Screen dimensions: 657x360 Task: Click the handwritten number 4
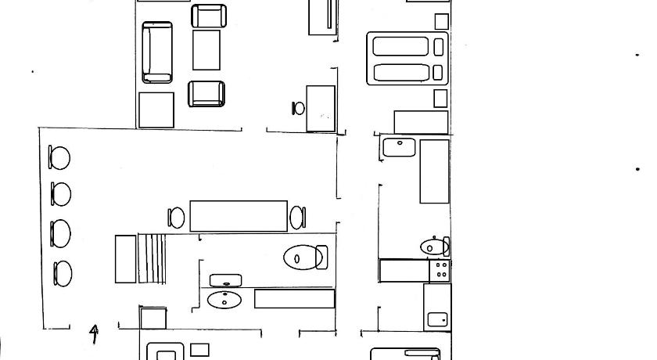tap(95, 333)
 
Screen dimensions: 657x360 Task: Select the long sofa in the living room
tap(157, 52)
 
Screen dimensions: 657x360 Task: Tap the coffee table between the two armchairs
tap(206, 50)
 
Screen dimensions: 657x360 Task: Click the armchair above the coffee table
tap(209, 16)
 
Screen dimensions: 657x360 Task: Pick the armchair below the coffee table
tap(206, 94)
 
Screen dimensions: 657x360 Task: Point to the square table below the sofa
tap(156, 110)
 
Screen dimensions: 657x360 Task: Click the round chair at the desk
tap(298, 109)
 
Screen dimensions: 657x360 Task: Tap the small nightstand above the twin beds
tap(441, 21)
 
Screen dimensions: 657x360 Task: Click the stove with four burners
tap(440, 270)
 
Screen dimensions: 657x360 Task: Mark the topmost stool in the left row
tap(59, 157)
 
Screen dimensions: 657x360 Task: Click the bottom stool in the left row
tap(63, 274)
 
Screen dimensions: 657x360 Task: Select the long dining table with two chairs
tap(239, 216)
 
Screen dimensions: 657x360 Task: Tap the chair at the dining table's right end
tap(298, 218)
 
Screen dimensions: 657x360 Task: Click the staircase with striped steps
tap(152, 258)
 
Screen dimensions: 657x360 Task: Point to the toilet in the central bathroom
tap(306, 257)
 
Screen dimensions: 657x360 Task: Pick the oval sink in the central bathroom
tap(224, 300)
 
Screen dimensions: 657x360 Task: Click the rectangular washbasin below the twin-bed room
tap(400, 147)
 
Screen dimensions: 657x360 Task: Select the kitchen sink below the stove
tap(437, 320)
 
